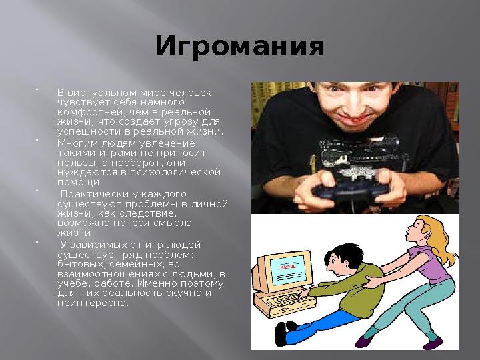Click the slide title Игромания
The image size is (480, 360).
coord(239,47)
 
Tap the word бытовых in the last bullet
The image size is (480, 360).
coord(77,264)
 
